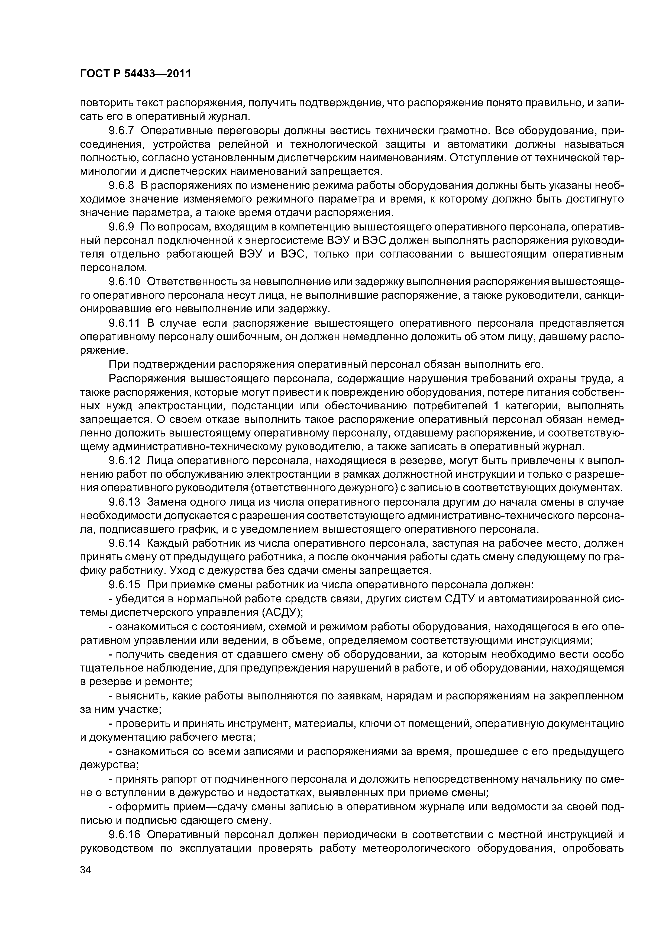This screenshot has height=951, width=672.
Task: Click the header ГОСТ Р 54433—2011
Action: (x=135, y=74)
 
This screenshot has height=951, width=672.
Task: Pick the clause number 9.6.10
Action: (x=125, y=282)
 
